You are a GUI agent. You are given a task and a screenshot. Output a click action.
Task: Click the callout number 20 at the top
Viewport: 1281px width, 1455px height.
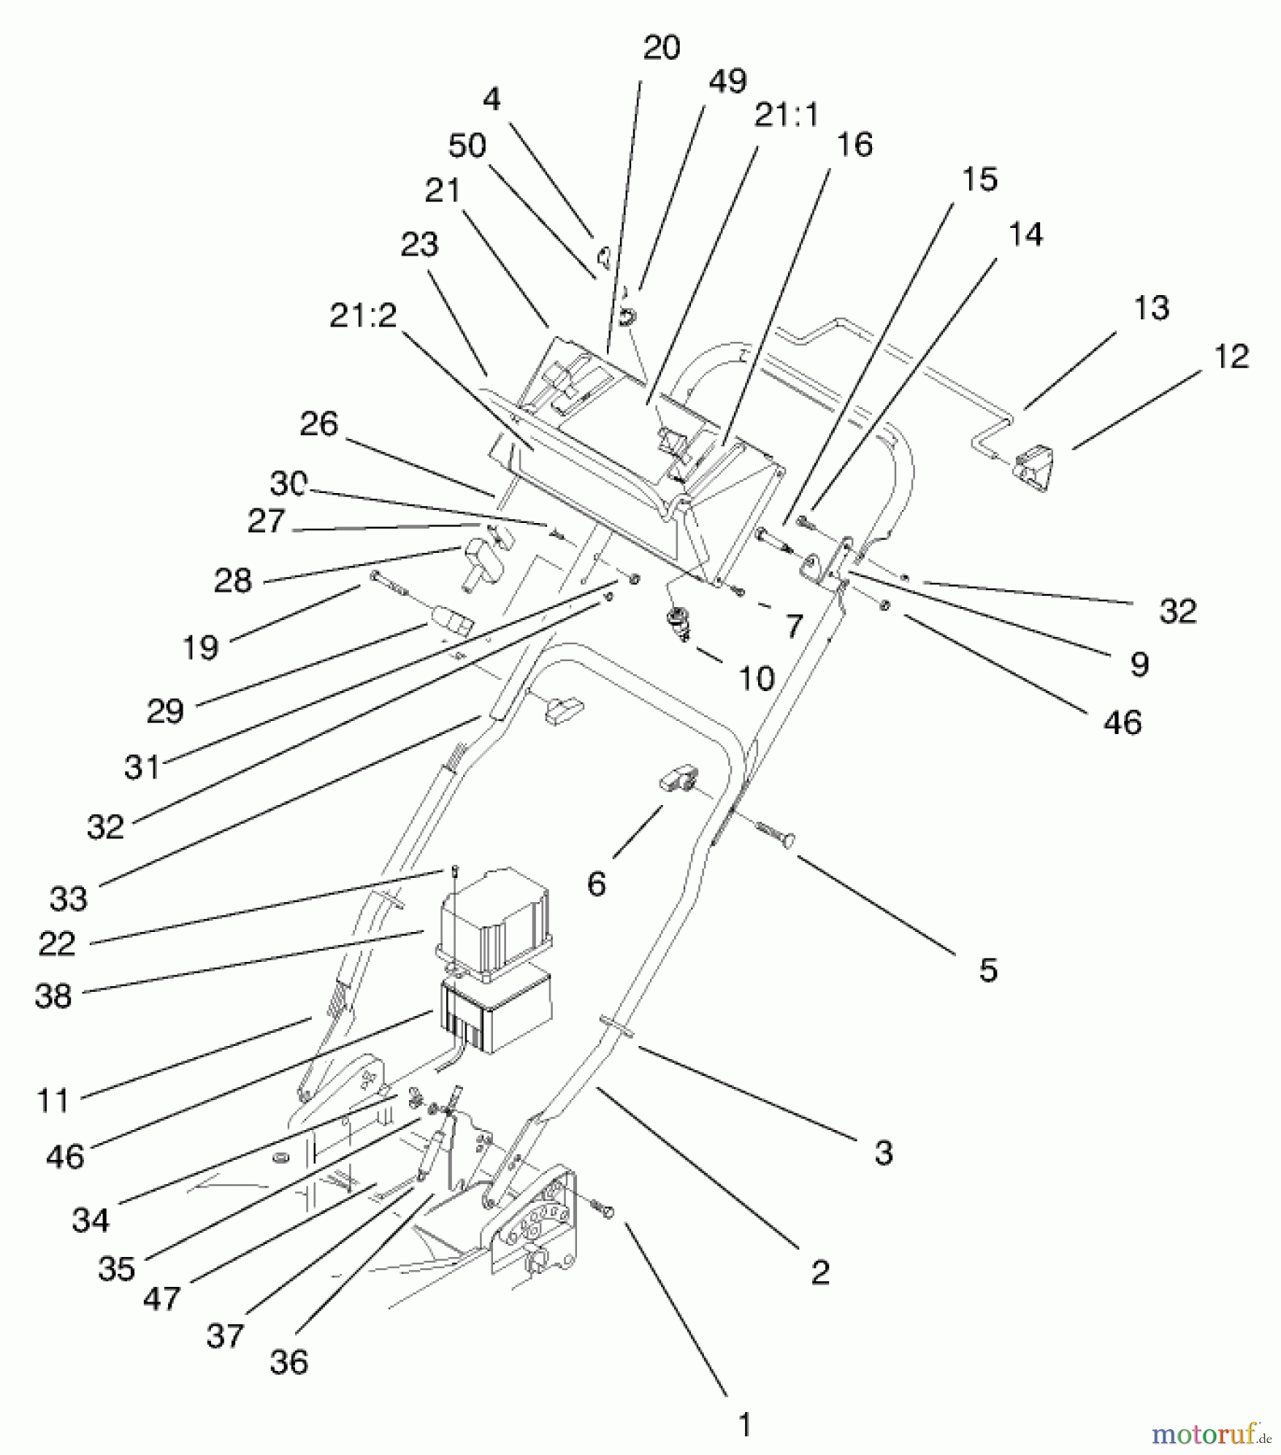coord(661,48)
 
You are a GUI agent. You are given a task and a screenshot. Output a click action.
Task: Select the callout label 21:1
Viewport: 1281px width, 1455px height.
coord(786,116)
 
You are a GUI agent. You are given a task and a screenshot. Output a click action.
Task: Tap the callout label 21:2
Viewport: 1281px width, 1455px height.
coord(363,316)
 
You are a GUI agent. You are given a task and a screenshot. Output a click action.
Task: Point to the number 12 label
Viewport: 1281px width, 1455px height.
coord(1231,356)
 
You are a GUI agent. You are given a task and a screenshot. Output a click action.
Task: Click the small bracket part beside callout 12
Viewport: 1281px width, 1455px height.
coord(1034,469)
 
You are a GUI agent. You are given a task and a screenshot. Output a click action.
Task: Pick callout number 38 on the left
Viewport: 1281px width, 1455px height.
coord(53,996)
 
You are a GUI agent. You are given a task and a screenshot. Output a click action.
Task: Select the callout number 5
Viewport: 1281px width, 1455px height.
coord(988,970)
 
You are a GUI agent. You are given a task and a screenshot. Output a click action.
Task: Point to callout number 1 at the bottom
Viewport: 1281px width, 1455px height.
coord(744,1424)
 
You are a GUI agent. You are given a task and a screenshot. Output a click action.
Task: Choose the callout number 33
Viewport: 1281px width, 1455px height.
coord(68,898)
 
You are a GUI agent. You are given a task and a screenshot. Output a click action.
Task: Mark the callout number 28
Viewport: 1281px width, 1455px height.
coord(233,580)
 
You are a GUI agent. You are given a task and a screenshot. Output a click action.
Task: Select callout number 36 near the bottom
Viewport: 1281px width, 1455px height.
coord(289,1362)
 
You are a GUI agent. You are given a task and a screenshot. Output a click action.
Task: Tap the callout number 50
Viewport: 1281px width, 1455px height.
coord(466,145)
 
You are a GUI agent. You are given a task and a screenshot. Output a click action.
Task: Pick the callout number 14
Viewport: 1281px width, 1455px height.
coord(1025,234)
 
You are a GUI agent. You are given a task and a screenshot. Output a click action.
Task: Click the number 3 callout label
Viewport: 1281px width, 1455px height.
coord(883,1153)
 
